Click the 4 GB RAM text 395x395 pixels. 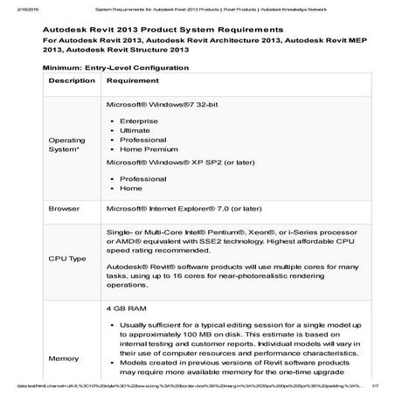click(x=123, y=308)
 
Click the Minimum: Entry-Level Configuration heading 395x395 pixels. click(x=120, y=66)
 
